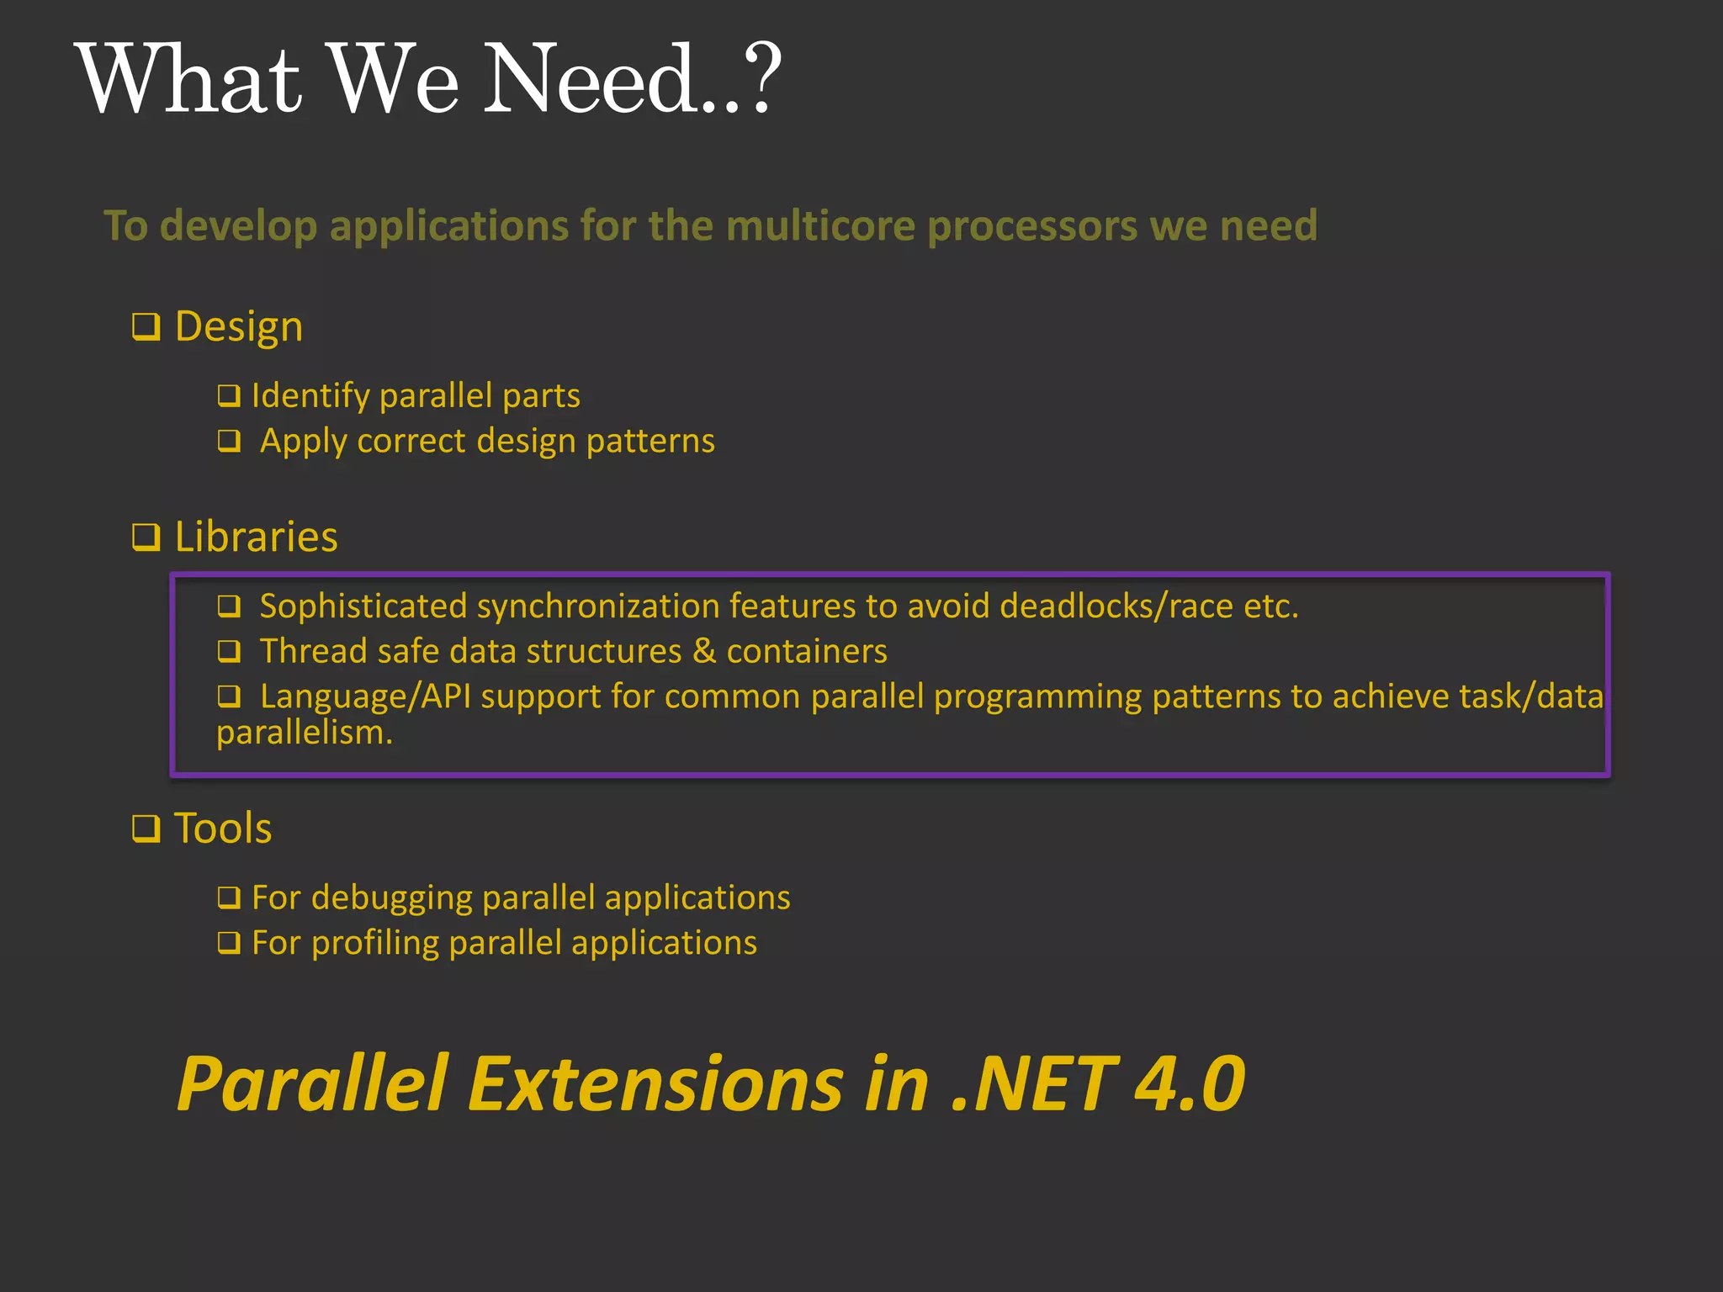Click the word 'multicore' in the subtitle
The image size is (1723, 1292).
(x=820, y=225)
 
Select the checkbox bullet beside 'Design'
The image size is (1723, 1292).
(x=146, y=326)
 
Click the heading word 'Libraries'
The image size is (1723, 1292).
(x=256, y=537)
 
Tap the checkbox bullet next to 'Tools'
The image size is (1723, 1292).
(x=146, y=829)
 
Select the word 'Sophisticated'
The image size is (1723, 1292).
(x=363, y=606)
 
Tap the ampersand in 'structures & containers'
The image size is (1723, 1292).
(x=704, y=651)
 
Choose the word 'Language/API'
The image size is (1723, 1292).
(x=365, y=696)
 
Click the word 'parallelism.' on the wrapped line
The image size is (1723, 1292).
(x=305, y=733)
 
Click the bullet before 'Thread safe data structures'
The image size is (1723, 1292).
(x=229, y=651)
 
